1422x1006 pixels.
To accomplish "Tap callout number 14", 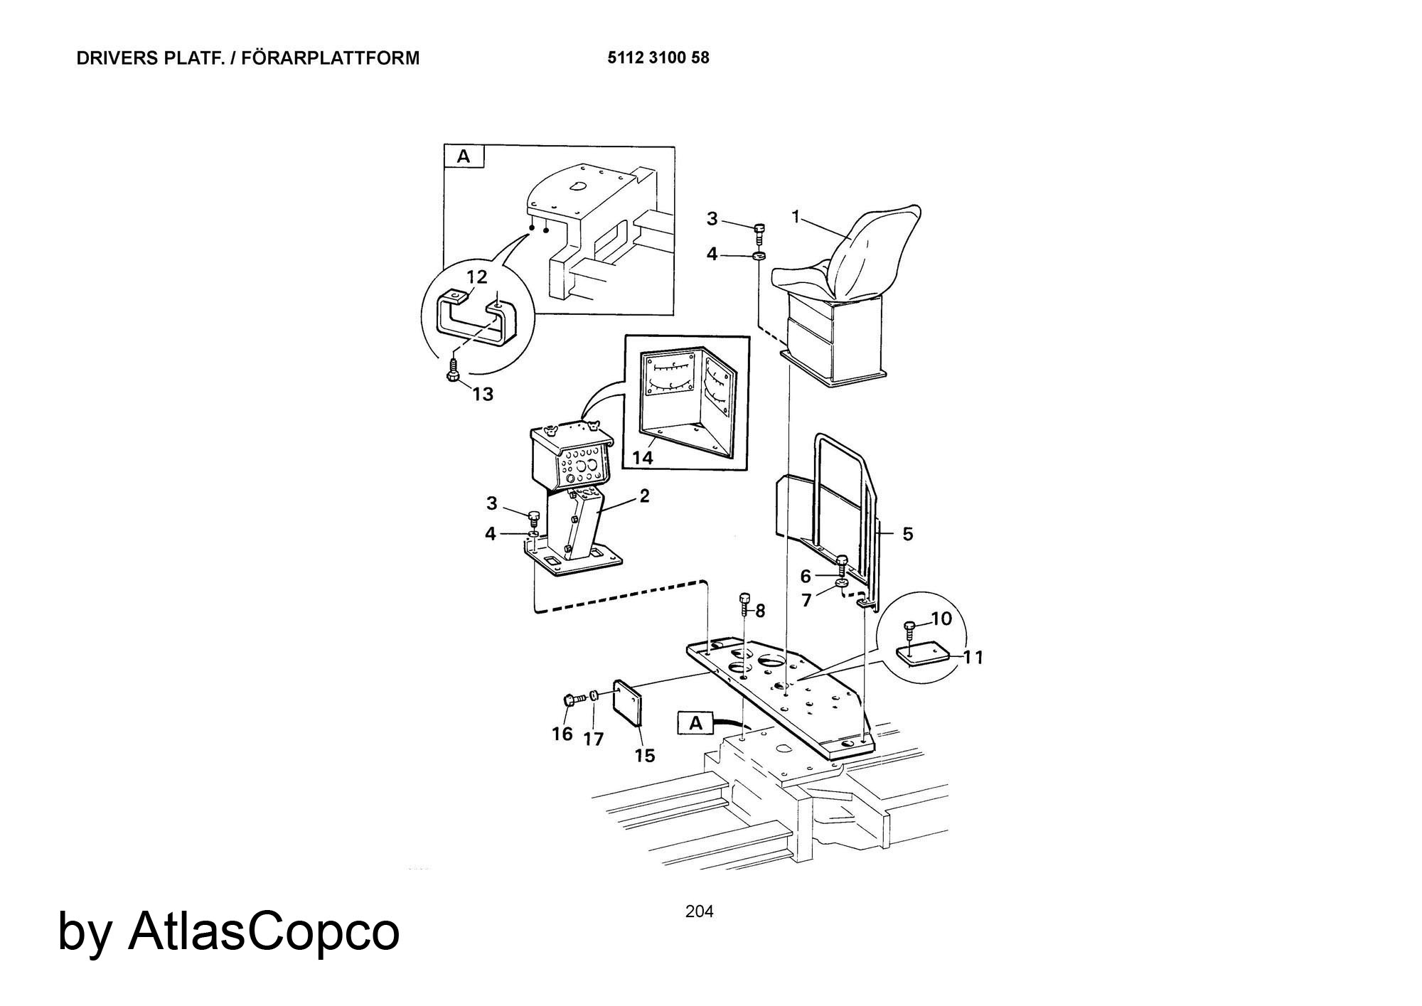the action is pyautogui.click(x=642, y=457).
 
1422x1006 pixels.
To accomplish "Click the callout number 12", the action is pyautogui.click(x=477, y=277).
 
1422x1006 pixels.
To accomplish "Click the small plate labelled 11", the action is pyautogui.click(x=923, y=654).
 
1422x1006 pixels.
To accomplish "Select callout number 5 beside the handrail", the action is pyautogui.click(x=908, y=533).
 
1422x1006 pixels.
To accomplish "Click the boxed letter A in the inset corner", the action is pyautogui.click(x=464, y=156).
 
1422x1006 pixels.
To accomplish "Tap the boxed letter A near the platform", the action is pyautogui.click(x=696, y=723).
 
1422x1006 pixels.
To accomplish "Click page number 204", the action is pyautogui.click(x=700, y=911).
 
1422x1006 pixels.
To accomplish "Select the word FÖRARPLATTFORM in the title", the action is pyautogui.click(x=331, y=58).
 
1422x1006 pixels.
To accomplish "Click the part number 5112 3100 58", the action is pyautogui.click(x=658, y=58).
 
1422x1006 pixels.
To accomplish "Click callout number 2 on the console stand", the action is pyautogui.click(x=644, y=496).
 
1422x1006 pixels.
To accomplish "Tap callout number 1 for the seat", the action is pyautogui.click(x=797, y=216).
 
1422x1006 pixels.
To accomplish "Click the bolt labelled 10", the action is pyautogui.click(x=911, y=630).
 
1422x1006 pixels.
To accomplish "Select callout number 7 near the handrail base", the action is pyautogui.click(x=806, y=601).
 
